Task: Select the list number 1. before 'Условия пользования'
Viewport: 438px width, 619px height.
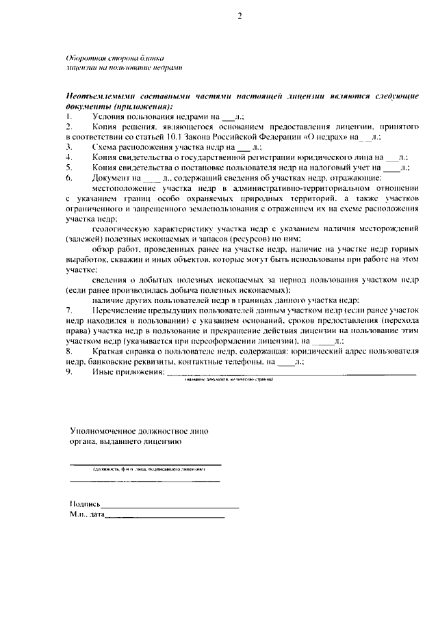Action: tap(69, 118)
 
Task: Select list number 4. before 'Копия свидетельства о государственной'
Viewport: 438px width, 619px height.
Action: tap(69, 157)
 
